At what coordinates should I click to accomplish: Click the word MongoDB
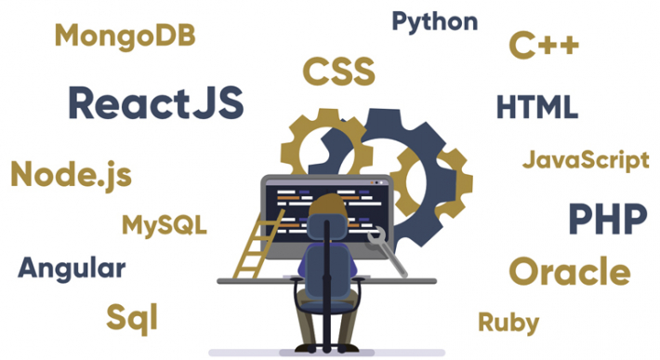coord(124,35)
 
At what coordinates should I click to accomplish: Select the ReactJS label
coord(155,102)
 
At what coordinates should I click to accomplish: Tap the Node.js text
coord(72,174)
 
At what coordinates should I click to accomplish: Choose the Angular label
coord(72,269)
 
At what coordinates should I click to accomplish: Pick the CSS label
coord(338,71)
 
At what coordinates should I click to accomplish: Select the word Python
coord(435,21)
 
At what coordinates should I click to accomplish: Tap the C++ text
coord(544,46)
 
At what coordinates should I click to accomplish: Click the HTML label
coord(536,107)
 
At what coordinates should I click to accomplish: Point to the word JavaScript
coord(586,159)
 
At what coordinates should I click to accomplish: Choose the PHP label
coord(607,220)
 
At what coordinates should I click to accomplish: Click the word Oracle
coord(569,272)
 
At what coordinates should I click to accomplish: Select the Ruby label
coord(508,322)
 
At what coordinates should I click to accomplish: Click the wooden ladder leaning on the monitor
coord(254,244)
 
